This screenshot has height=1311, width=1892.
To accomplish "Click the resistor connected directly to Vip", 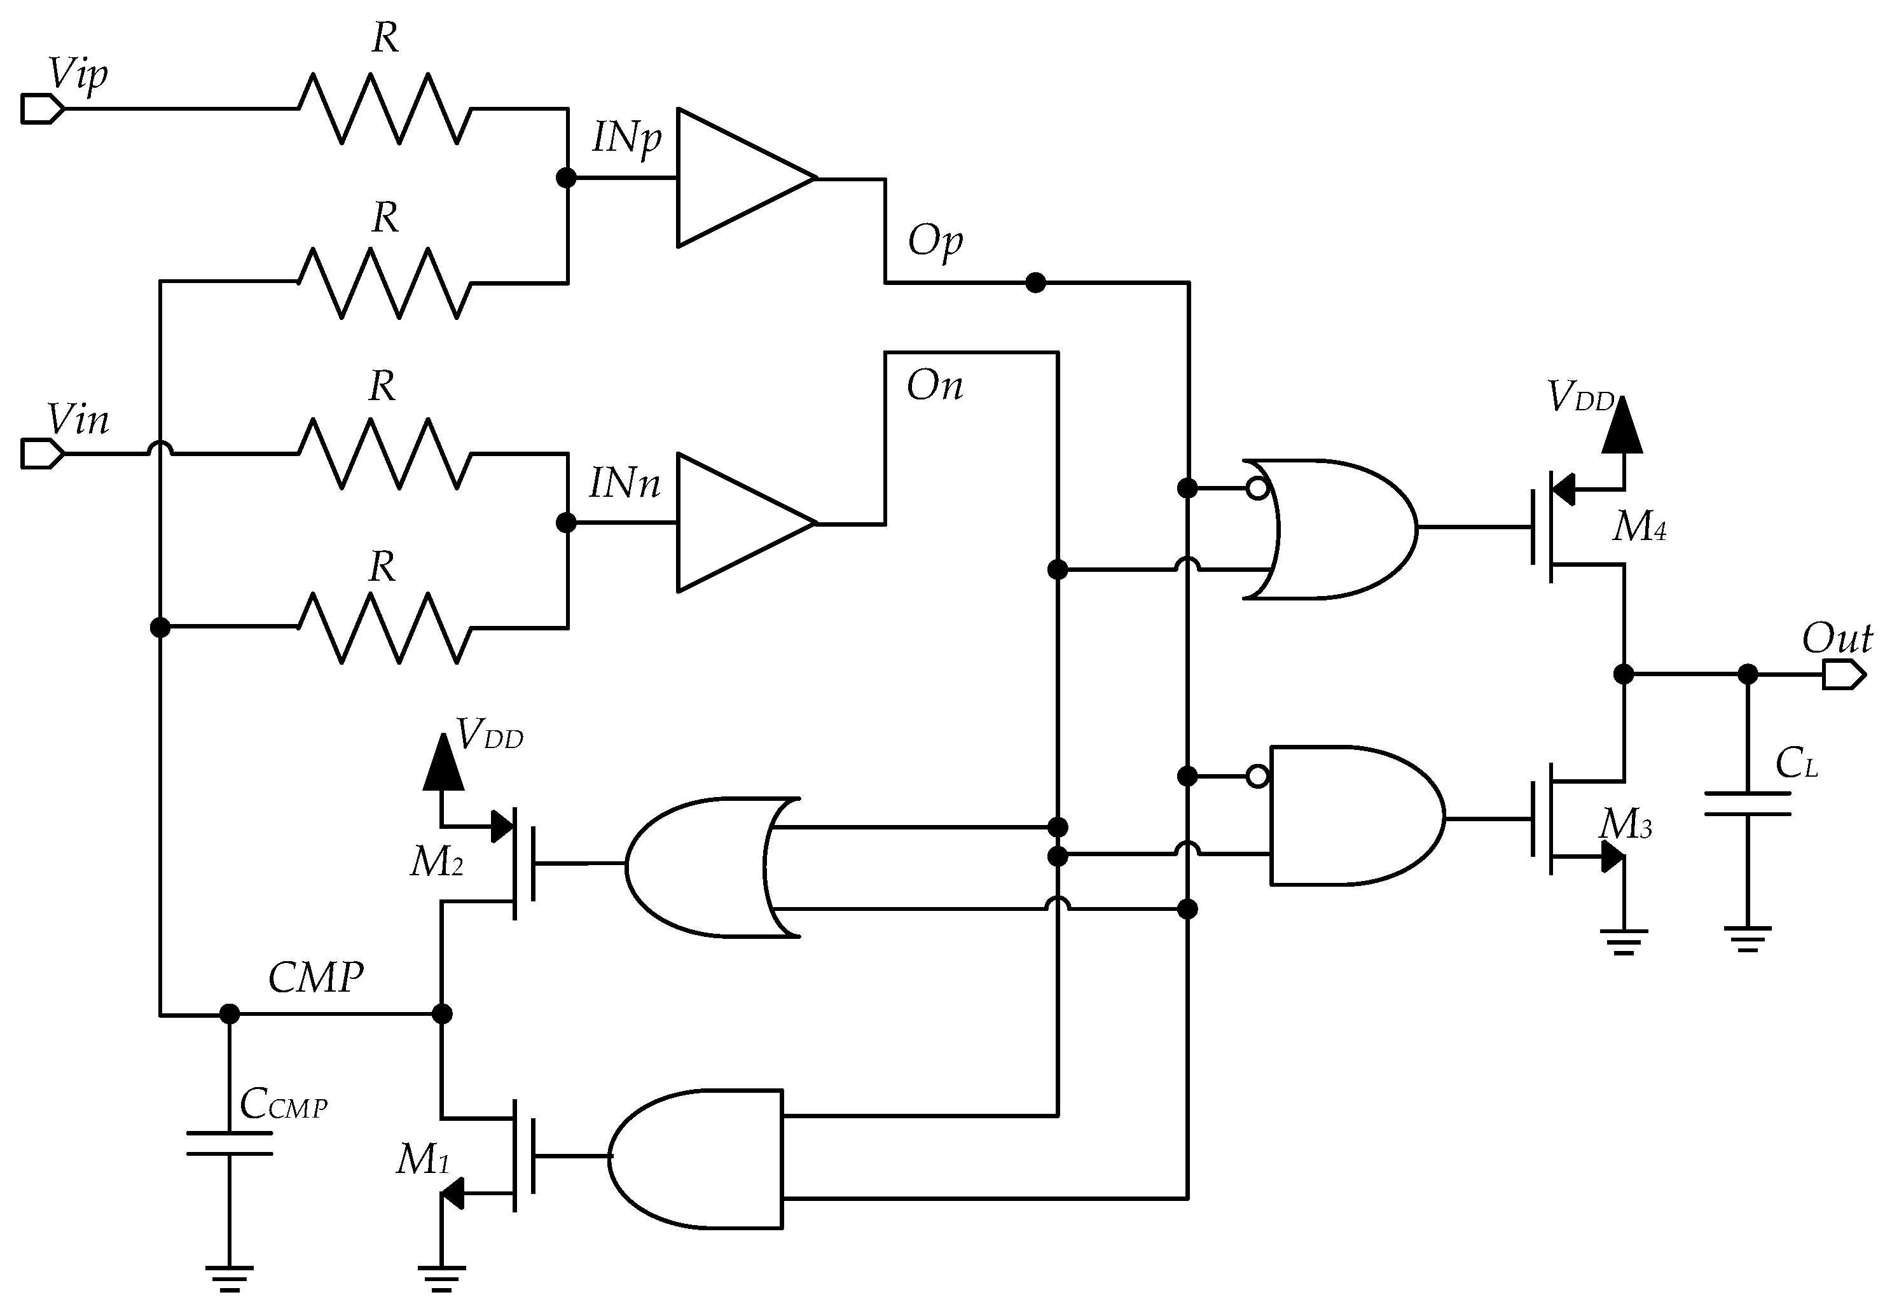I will (x=384, y=108).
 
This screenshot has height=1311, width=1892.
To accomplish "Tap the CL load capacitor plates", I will (x=1748, y=803).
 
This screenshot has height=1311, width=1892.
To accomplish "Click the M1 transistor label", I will (x=423, y=1160).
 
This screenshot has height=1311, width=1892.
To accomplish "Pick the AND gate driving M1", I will (x=698, y=1158).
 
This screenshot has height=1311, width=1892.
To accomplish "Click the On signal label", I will (x=934, y=385).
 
